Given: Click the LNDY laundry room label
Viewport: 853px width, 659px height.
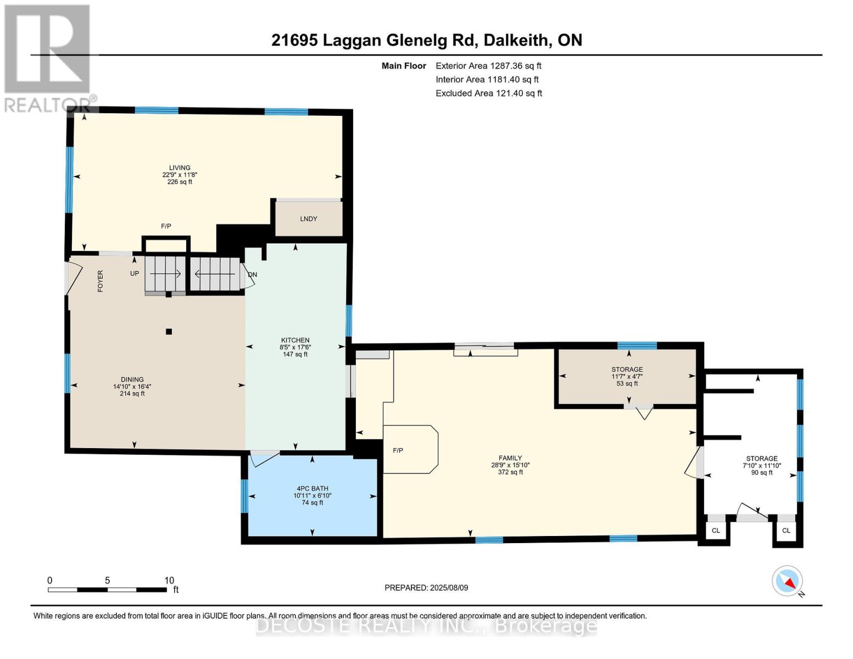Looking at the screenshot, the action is click(x=308, y=219).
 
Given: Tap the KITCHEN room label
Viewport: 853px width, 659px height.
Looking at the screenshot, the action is click(x=295, y=340).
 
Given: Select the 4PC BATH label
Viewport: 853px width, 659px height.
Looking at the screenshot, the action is click(x=312, y=488).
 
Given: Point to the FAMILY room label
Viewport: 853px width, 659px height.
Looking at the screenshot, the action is click(x=510, y=457).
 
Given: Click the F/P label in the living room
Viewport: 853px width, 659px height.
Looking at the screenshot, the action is click(x=166, y=226).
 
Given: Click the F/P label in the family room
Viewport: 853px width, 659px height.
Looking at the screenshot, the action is click(x=398, y=450).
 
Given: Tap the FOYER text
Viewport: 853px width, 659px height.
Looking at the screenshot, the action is click(x=100, y=281).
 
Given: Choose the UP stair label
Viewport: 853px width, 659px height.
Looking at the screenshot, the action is click(x=135, y=273).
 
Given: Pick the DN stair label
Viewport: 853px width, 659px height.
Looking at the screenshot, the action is click(x=253, y=275).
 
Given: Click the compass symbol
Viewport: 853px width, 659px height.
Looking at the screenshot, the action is click(x=787, y=581).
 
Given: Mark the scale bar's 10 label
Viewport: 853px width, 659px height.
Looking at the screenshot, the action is click(x=169, y=580).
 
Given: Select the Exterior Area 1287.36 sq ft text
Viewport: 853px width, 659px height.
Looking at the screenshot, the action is click(x=488, y=66).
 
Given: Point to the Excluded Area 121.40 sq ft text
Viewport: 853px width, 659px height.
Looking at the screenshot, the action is click(x=489, y=93).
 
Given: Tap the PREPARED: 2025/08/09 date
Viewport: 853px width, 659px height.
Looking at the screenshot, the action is click(x=426, y=588).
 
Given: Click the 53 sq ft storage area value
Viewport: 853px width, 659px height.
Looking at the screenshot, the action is click(x=627, y=383).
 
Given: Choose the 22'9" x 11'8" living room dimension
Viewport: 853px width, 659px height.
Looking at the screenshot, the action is click(x=180, y=175).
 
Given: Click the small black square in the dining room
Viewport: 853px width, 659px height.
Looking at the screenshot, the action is click(x=169, y=332).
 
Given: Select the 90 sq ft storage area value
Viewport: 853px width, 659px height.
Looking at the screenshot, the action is click(x=761, y=473).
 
